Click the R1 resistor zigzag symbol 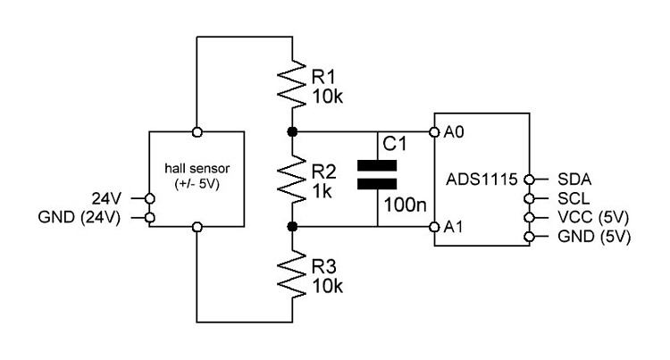coord(292,82)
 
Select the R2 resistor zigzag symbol coord(292,180)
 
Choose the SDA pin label coord(574,179)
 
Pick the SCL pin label coord(573,198)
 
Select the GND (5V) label coord(594,238)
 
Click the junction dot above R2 coord(292,132)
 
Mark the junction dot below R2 coord(292,228)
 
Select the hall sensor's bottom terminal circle coord(197,228)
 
